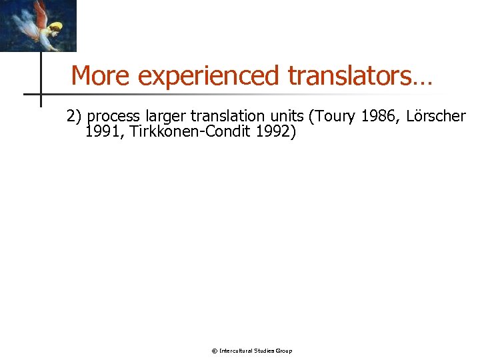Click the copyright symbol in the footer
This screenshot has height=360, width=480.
214,351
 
